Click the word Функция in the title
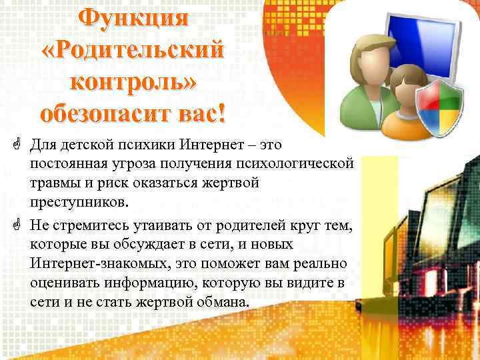coord(133,19)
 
